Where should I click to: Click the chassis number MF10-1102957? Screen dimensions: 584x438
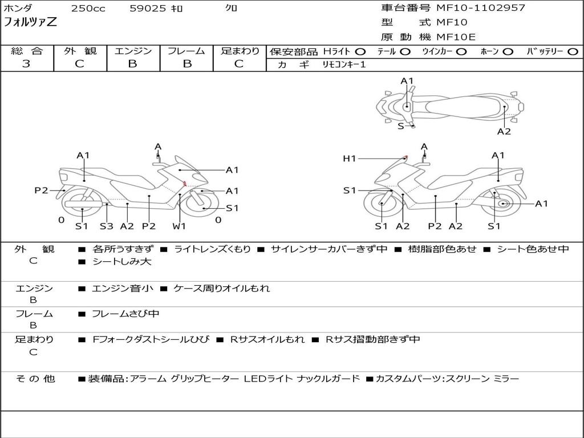click(x=481, y=8)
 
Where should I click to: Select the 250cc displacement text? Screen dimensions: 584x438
click(x=88, y=9)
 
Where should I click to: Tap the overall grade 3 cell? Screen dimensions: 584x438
click(x=26, y=64)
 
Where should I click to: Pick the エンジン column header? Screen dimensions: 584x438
click(x=133, y=51)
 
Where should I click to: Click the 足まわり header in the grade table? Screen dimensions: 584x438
click(x=240, y=51)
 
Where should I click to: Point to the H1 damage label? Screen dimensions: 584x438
click(x=349, y=159)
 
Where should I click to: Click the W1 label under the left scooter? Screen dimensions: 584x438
click(x=179, y=226)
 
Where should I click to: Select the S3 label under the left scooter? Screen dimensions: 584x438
click(x=107, y=226)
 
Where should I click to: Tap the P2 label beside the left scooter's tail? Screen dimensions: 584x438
click(x=41, y=190)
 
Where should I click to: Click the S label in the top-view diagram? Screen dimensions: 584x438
click(x=401, y=126)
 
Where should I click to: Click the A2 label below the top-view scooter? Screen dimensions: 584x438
click(x=504, y=132)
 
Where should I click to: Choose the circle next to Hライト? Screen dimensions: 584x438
click(x=360, y=51)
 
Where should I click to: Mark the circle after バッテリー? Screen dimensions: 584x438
click(x=573, y=51)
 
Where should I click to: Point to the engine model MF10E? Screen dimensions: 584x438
click(x=456, y=37)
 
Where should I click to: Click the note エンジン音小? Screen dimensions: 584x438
click(x=123, y=289)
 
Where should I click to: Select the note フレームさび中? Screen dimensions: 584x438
click(x=125, y=314)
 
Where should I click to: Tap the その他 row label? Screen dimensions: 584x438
click(x=35, y=379)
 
